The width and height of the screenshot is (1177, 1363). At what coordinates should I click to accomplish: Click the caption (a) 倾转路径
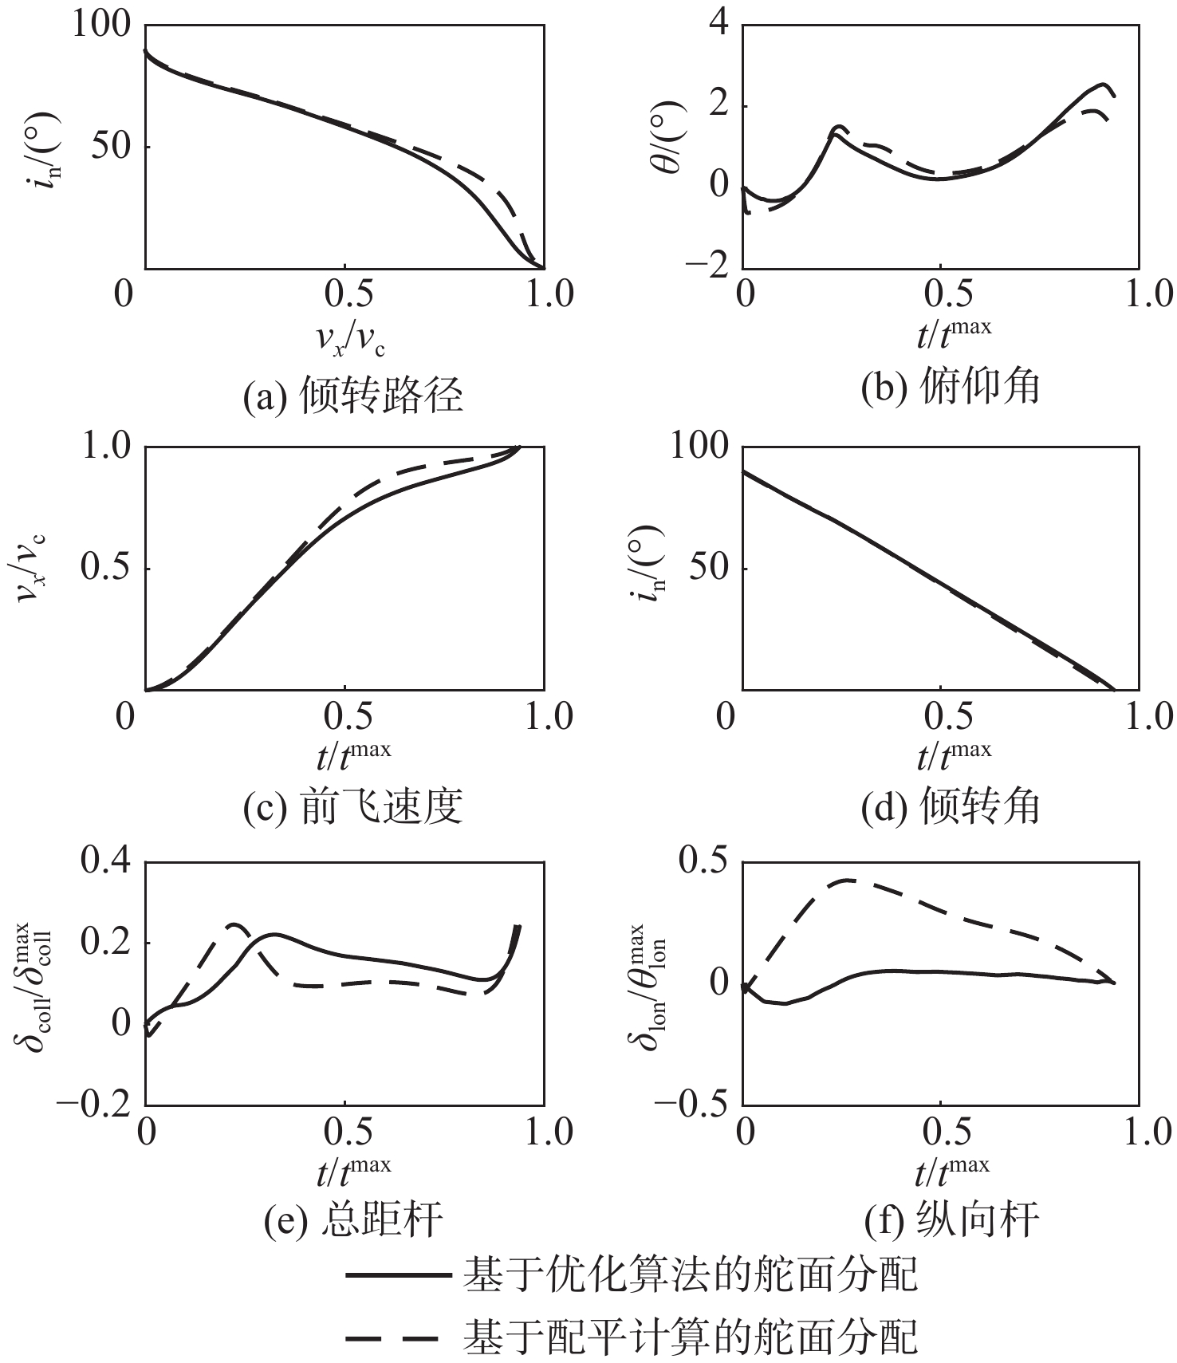352,395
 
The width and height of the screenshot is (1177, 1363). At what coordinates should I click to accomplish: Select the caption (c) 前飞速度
352,807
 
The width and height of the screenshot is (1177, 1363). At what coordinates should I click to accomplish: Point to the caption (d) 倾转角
951,807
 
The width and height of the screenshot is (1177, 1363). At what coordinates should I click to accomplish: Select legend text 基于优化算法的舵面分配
691,1274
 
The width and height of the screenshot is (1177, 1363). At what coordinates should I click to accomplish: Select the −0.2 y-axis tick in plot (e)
93,1105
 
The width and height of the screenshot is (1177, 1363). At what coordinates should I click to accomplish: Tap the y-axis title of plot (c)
32,568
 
